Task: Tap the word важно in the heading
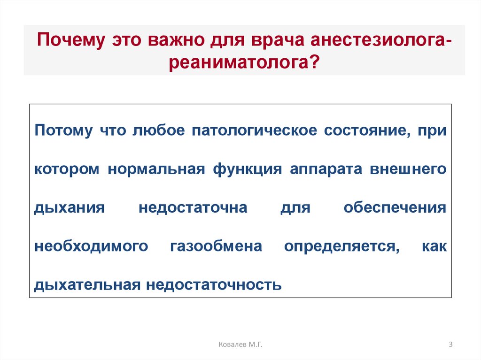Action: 176,40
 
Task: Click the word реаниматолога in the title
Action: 238,63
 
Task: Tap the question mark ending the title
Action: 313,61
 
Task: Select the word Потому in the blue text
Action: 63,130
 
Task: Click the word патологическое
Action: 254,130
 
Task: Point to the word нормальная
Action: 156,169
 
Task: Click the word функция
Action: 247,169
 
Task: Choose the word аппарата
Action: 326,169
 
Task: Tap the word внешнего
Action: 408,169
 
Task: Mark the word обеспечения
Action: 395,207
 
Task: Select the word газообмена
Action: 216,246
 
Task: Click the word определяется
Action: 342,247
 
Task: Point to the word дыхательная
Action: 87,285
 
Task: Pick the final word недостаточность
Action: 214,285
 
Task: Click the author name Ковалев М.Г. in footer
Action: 240,345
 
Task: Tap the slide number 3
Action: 450,345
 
